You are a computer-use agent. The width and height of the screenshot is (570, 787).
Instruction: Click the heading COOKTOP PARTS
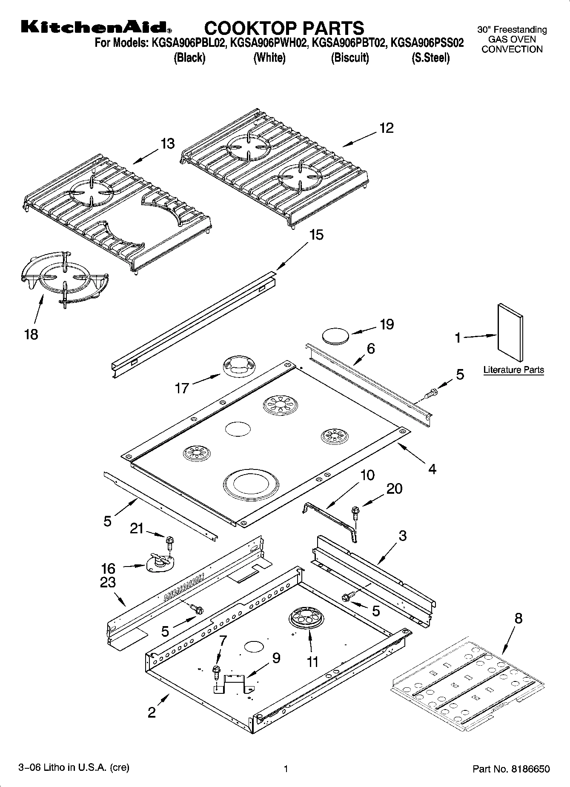click(x=284, y=28)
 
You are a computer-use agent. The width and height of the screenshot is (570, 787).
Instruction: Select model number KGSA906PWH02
click(x=269, y=43)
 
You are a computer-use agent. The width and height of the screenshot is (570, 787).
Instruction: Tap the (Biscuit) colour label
click(x=350, y=57)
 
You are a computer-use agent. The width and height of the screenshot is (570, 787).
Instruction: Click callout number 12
click(x=387, y=128)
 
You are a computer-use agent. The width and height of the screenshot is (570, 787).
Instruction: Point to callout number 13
click(x=168, y=144)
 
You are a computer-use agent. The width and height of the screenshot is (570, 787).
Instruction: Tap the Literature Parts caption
click(x=513, y=370)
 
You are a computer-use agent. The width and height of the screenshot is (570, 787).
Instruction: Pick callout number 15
click(x=316, y=235)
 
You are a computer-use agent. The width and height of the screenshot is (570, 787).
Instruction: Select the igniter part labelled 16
click(x=160, y=564)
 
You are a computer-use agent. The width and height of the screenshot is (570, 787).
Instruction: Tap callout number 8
click(x=518, y=618)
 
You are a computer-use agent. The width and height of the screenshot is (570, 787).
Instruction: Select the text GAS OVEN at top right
click(x=512, y=39)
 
